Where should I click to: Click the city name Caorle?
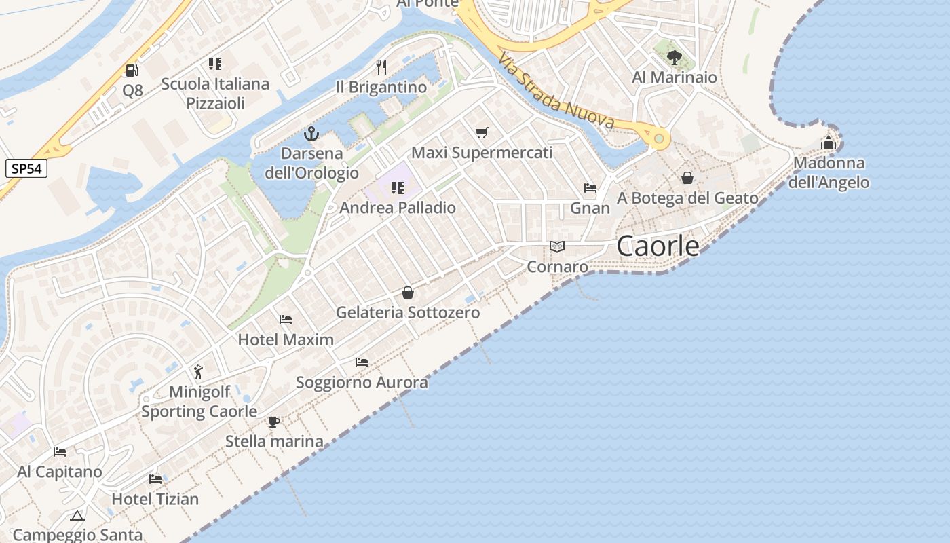tap(658, 246)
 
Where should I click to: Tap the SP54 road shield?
tap(26, 168)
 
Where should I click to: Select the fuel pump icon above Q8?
tap(132, 70)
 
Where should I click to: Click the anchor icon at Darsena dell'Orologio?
tap(311, 133)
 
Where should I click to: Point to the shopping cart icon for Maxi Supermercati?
tap(482, 132)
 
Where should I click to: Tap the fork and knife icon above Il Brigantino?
tap(381, 67)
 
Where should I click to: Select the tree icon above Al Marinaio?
tap(674, 57)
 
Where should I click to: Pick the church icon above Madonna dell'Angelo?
tap(828, 143)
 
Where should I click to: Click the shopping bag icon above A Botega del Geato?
tap(687, 178)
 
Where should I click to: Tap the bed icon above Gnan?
tap(590, 188)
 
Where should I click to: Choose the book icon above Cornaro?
tap(557, 247)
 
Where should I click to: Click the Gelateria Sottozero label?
tap(408, 312)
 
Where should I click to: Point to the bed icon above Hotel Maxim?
tap(286, 319)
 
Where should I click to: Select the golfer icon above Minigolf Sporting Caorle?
tap(198, 372)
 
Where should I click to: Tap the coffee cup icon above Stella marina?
tap(274, 422)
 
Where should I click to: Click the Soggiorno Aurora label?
tap(362, 382)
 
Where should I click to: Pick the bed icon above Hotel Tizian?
tap(155, 479)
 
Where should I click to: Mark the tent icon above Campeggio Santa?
tap(77, 516)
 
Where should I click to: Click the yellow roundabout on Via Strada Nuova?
tap(658, 138)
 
